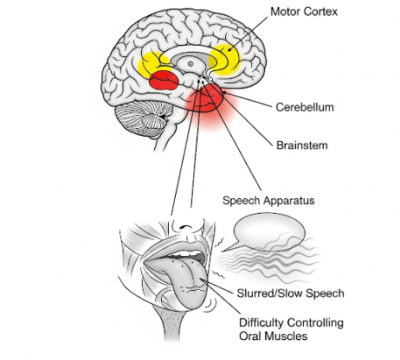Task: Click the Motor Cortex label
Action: (304, 12)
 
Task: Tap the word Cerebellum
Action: (305, 107)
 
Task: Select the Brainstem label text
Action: (302, 145)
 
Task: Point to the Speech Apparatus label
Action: (268, 201)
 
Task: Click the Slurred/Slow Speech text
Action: (291, 293)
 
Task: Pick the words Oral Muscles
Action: (273, 337)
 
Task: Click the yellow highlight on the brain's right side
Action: (224, 60)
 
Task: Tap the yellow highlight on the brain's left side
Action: (154, 65)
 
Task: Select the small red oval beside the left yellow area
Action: (164, 80)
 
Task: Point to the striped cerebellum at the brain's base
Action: (144, 119)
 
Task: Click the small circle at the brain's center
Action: (190, 63)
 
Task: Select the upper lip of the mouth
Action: (177, 248)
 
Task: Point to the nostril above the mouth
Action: (184, 227)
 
